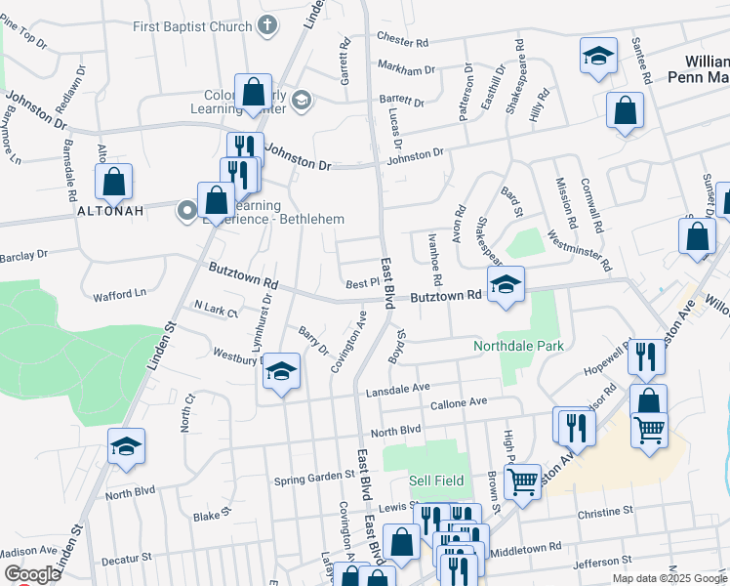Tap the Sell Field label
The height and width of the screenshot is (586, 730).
433,481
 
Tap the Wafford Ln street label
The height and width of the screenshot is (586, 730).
119,293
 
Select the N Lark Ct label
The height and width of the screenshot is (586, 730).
216,311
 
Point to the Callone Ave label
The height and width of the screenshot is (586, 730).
458,402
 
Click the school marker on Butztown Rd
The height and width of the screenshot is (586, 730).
506,285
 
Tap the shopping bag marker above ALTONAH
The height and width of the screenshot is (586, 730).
114,181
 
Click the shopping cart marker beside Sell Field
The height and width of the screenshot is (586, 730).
523,480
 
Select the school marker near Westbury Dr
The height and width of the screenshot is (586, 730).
281,372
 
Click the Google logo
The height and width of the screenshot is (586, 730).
31,574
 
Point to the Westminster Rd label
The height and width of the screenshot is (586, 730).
580,250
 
